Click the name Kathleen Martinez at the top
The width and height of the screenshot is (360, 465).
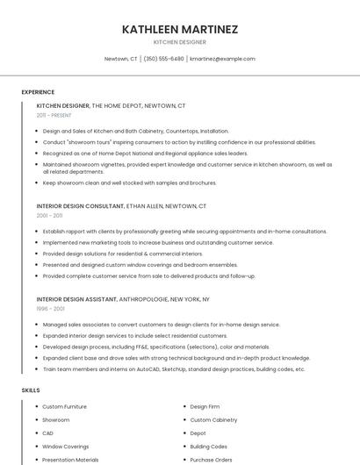180,29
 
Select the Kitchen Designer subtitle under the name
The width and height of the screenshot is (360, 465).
180,42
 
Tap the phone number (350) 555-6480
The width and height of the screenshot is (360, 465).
163,59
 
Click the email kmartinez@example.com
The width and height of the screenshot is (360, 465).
223,59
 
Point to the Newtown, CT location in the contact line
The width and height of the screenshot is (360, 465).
121,59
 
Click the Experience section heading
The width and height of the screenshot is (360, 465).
38,92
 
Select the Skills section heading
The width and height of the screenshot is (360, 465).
31,390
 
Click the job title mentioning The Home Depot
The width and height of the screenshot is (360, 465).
111,105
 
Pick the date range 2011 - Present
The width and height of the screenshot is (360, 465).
54,115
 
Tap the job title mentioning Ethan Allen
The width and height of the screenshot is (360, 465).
121,206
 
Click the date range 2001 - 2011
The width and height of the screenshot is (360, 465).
49,215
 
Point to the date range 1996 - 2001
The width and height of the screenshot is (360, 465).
50,309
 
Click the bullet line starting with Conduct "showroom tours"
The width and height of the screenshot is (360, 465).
179,142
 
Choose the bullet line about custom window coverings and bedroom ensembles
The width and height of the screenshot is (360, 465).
140,265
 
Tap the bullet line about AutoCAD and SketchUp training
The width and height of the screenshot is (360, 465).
174,369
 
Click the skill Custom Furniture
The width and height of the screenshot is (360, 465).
65,407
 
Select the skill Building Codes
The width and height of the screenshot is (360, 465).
209,446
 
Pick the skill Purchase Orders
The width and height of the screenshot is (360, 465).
211,459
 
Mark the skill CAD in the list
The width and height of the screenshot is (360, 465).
48,433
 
